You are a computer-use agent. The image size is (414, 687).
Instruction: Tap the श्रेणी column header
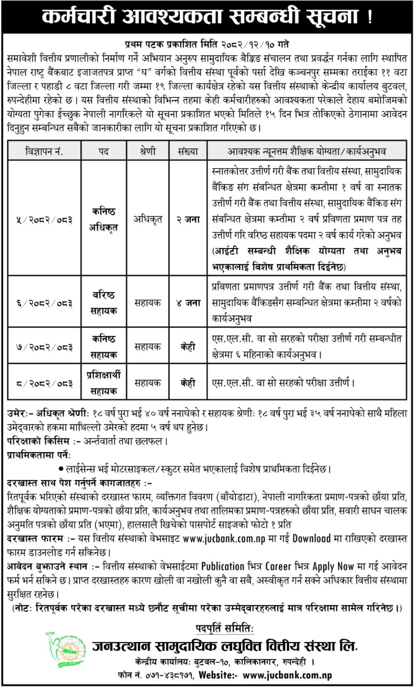click(x=147, y=151)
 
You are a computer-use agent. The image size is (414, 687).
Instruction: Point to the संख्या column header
click(x=188, y=151)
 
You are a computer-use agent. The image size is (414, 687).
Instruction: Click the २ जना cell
click(x=188, y=220)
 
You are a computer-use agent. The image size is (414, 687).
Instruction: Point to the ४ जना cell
click(x=188, y=303)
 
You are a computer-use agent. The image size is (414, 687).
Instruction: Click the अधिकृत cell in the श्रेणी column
click(x=147, y=220)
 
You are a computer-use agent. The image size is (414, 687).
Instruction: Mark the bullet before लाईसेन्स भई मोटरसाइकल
click(x=61, y=469)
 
